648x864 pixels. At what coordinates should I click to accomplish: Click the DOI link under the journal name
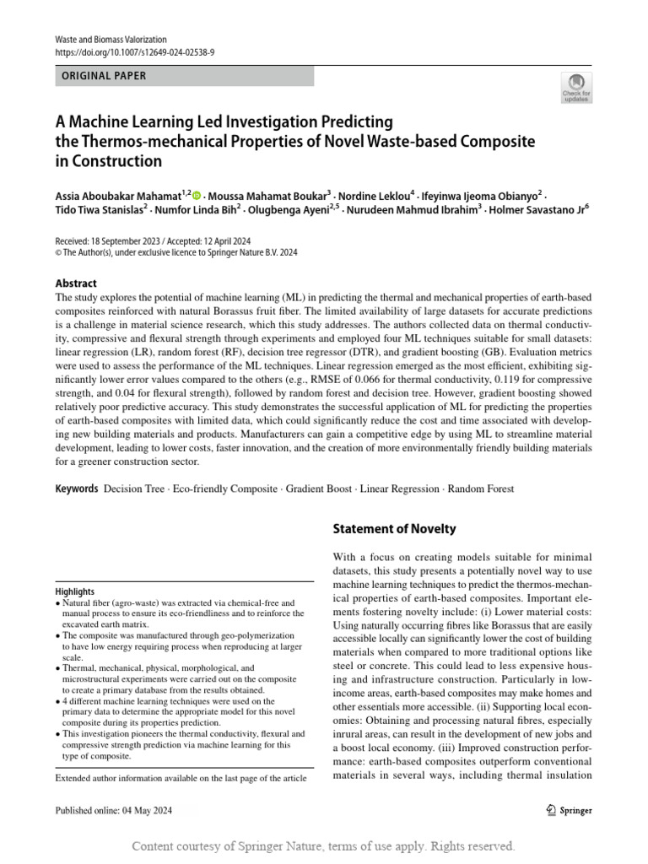pos(135,51)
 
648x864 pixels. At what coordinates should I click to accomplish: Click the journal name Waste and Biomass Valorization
pos(111,40)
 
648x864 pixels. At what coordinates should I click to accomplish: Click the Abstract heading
pos(76,283)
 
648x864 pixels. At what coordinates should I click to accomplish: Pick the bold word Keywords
pos(77,489)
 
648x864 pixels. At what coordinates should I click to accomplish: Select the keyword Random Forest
pos(480,489)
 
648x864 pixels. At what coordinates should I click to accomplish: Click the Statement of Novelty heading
pos(394,529)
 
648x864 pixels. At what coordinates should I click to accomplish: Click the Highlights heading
pos(75,591)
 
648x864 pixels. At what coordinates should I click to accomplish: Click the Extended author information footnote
pos(181,777)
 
